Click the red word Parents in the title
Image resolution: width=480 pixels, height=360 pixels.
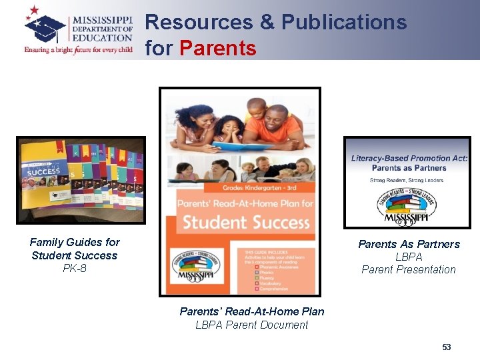click(x=218, y=48)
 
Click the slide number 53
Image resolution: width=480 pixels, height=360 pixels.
click(x=447, y=347)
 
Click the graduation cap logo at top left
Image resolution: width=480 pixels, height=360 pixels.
click(x=45, y=25)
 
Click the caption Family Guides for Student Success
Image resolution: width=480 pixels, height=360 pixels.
click(x=75, y=249)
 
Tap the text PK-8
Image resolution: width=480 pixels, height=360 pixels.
click(x=75, y=269)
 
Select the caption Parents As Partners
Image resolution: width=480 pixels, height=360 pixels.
click(x=409, y=244)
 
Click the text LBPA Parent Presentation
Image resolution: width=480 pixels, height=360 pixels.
click(x=409, y=263)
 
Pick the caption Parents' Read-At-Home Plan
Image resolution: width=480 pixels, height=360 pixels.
click(x=252, y=311)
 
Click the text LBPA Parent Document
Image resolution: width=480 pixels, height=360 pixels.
click(x=252, y=325)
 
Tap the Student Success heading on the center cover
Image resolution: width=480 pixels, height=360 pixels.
click(x=246, y=222)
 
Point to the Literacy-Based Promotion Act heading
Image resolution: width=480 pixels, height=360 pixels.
click(x=409, y=159)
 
